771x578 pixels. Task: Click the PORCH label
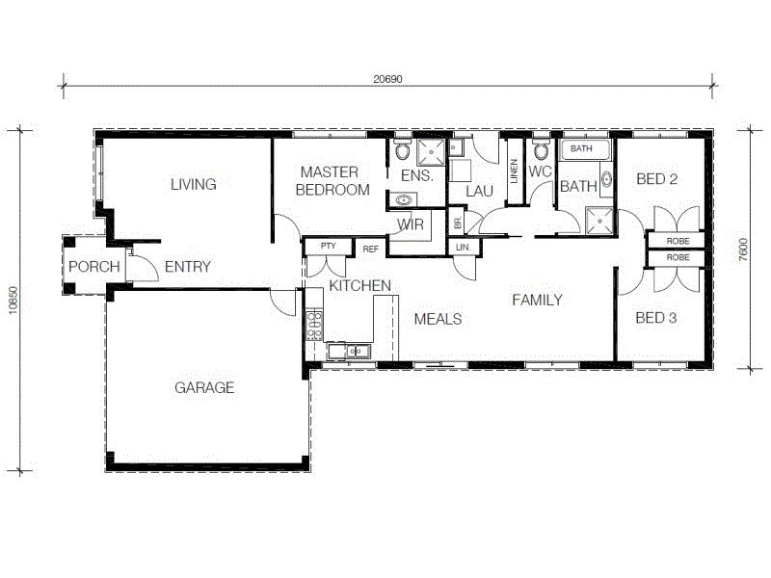pos(93,267)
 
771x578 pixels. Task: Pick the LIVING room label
pos(193,184)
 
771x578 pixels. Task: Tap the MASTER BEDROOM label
pos(332,181)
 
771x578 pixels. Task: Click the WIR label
pos(411,224)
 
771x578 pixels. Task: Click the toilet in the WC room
pos(541,150)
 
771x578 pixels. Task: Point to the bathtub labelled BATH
pos(586,149)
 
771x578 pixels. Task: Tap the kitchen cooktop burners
pos(313,325)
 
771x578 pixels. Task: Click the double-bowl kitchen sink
pos(349,352)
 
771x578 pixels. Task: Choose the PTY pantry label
pos(328,247)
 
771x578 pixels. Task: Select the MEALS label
pos(438,319)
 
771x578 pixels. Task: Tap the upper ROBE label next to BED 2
pos(678,241)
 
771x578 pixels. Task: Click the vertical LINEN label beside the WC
pos(515,171)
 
